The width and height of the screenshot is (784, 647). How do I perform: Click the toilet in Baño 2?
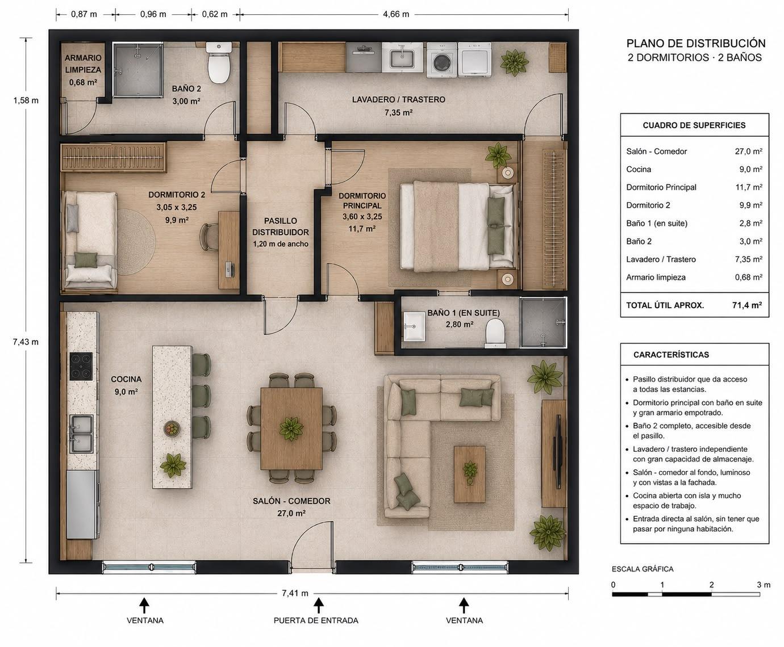pyautogui.click(x=219, y=62)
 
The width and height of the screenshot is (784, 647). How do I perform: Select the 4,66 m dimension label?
pyautogui.click(x=396, y=14)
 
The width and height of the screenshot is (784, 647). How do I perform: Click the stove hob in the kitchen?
pyautogui.click(x=81, y=366)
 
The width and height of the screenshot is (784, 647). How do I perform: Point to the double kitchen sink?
pyautogui.click(x=81, y=434)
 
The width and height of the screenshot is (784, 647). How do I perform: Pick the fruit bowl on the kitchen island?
pyautogui.click(x=172, y=428)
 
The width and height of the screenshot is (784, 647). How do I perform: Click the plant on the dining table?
pyautogui.click(x=291, y=428)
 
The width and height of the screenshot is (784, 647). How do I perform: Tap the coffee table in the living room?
pyautogui.click(x=469, y=474)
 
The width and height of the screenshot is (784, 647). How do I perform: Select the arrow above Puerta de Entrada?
pyautogui.click(x=319, y=606)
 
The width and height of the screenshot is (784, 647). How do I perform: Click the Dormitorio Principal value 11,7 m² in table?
pyautogui.click(x=749, y=187)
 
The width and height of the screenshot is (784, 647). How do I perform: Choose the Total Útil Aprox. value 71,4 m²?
pyautogui.click(x=747, y=305)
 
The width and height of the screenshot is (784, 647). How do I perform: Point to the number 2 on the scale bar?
pyautogui.click(x=711, y=585)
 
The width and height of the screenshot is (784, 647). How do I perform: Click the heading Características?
pyautogui.click(x=671, y=355)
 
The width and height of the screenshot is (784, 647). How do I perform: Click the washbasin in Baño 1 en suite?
pyautogui.click(x=415, y=326)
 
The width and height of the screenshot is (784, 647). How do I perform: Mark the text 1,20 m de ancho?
pyautogui.click(x=281, y=244)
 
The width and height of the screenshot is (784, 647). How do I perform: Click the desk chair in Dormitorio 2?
pyautogui.click(x=208, y=237)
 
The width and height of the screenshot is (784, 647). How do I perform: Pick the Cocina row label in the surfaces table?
pyautogui.click(x=639, y=169)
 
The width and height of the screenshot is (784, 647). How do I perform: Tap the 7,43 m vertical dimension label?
pyautogui.click(x=26, y=342)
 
